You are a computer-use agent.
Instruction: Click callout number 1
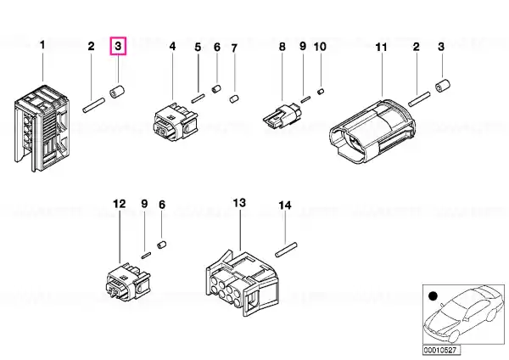pos(42,45)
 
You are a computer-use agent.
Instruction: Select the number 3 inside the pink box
pos(118,46)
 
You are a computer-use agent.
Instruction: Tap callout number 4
pos(173,46)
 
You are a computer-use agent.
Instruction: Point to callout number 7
pos(234,48)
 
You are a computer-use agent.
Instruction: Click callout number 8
pos(282,47)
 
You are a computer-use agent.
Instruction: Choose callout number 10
pos(320,47)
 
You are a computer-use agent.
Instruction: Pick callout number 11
pos(382,48)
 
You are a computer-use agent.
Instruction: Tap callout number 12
pos(119,204)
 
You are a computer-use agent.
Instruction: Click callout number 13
pos(239,203)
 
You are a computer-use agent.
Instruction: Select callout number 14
pos(285,205)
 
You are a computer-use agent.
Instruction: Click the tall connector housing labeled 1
pos(42,128)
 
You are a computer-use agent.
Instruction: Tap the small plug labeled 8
pos(282,116)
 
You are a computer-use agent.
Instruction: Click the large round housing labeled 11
pos(372,132)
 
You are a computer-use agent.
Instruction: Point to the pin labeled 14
pos(286,250)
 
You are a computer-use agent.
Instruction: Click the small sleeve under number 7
pos(234,98)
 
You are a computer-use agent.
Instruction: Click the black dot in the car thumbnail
pos(433,296)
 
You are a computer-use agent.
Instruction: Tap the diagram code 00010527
pos(441,351)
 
